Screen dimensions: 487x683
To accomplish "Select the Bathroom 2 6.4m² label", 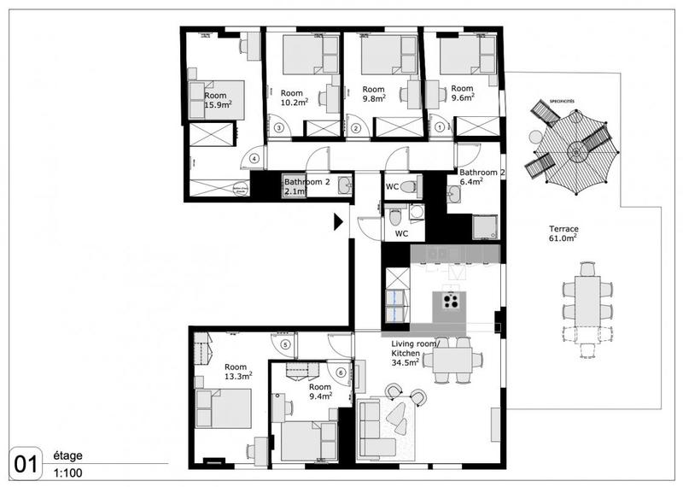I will coord(482,176).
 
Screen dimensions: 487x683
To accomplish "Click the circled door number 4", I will coord(254,157).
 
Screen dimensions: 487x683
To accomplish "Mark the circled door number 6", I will coord(341,372).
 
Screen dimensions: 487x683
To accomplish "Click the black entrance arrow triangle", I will coord(338,222).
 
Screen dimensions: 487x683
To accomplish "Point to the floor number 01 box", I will coord(26,463).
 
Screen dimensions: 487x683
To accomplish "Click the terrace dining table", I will coord(587,299).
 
